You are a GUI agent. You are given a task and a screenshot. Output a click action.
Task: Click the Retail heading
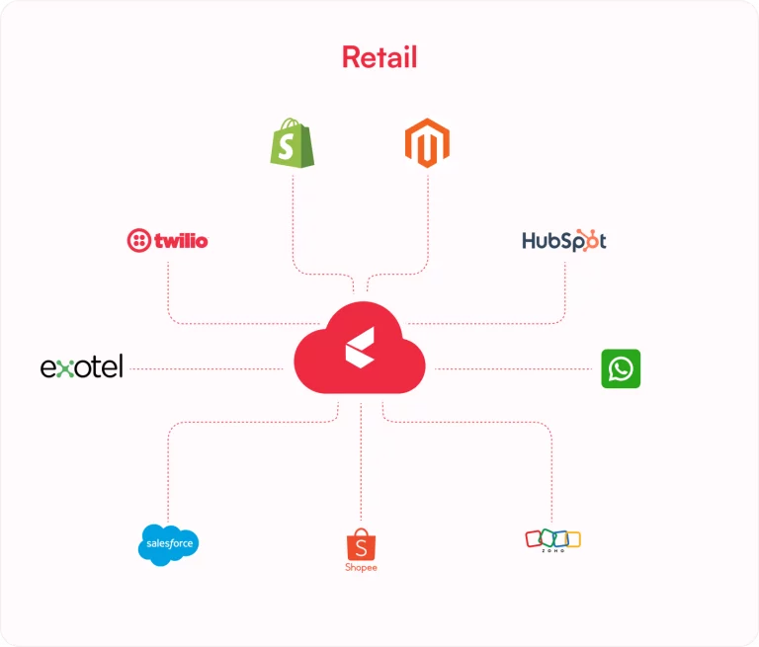point(379,57)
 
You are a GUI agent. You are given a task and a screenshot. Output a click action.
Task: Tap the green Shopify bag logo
point(292,143)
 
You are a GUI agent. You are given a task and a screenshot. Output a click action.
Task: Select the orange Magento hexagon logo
point(427,143)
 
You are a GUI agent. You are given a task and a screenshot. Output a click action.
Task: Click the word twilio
point(181,240)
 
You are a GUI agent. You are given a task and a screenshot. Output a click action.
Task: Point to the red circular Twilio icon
point(139,240)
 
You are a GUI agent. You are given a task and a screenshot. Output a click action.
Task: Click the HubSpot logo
point(564,240)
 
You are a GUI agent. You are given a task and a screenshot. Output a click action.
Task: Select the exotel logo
point(81,366)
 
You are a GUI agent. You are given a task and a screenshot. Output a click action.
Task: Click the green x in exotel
point(65,368)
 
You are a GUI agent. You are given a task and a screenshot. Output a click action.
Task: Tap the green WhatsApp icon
point(621,368)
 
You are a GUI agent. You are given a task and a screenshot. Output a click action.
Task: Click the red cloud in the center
point(360,348)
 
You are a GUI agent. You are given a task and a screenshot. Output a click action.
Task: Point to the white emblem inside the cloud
point(360,348)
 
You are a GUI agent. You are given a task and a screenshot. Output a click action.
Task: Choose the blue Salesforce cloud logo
point(168,544)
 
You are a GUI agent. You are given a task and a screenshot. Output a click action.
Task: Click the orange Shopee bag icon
point(361,544)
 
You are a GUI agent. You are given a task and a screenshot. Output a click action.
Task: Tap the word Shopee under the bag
point(361,567)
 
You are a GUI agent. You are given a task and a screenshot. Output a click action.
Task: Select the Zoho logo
point(552,540)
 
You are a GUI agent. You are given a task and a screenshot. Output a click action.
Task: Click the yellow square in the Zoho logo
point(574,539)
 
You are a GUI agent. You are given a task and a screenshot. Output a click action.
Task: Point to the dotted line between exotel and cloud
point(207,368)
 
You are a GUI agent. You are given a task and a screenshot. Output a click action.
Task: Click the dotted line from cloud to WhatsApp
point(513,368)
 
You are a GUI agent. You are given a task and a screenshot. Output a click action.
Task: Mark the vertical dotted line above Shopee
point(361,461)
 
